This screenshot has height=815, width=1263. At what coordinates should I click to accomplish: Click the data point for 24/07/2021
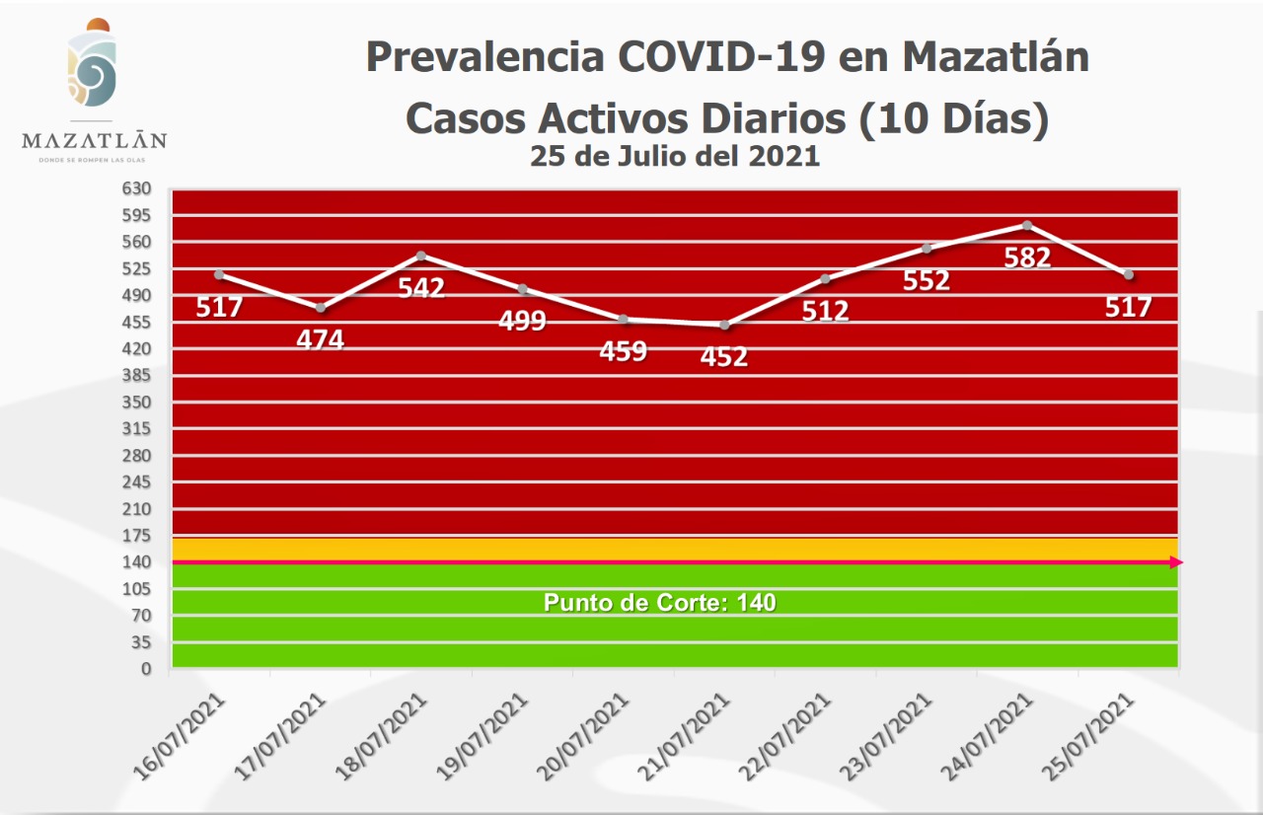(x=1027, y=225)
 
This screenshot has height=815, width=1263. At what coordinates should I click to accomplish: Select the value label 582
(x=1027, y=258)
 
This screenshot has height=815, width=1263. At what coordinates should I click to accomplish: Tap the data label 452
(x=724, y=356)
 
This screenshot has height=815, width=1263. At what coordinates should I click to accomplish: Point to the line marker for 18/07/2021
(x=421, y=256)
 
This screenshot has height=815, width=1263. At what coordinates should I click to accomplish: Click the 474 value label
(x=321, y=339)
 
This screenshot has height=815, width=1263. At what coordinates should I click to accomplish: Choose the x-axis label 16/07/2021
(x=187, y=734)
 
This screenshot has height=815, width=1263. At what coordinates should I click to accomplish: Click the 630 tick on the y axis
(x=137, y=188)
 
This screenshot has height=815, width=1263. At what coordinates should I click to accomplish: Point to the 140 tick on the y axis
(x=137, y=562)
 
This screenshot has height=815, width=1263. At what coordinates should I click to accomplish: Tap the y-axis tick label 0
(x=146, y=669)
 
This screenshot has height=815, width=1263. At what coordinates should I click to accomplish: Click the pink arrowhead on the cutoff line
(x=1176, y=562)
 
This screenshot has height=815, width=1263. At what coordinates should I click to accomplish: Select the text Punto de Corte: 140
(x=660, y=602)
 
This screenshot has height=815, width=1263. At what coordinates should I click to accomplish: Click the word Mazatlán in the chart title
(x=996, y=57)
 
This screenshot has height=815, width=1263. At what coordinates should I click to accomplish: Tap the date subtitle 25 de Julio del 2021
(x=675, y=156)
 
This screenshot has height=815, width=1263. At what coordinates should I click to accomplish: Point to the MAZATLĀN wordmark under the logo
(x=95, y=140)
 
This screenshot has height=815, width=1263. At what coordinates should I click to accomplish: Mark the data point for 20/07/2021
(x=624, y=319)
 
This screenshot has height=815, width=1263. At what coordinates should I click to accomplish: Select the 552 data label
(x=927, y=280)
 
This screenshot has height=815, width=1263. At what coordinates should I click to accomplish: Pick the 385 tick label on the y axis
(x=137, y=375)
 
